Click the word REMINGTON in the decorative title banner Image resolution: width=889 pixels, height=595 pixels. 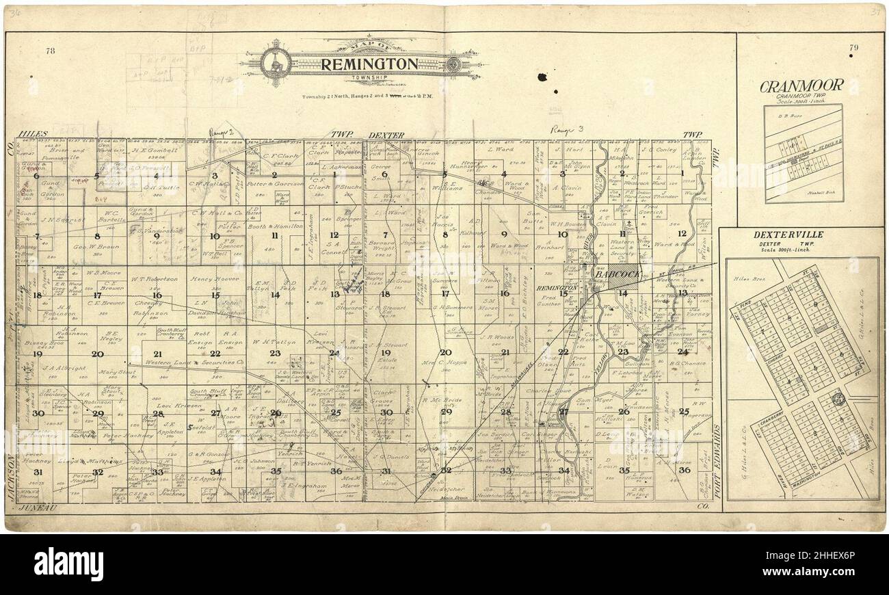tap(369, 65)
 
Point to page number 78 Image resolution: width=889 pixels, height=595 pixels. tap(51, 51)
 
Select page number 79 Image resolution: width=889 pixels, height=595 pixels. tap(853, 47)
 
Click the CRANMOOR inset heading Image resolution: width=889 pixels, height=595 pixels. tap(801, 86)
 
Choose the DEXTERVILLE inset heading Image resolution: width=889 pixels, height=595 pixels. tap(788, 235)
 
